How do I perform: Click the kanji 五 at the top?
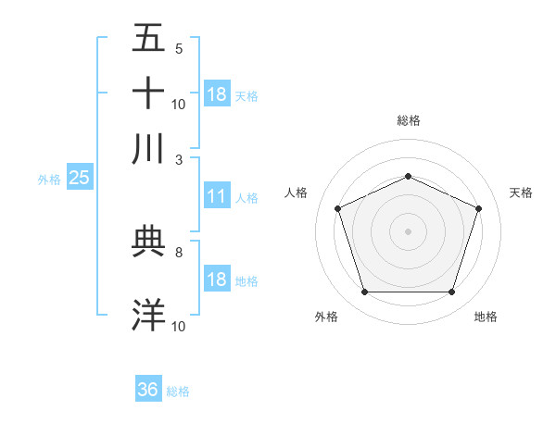pyautogui.click(x=149, y=38)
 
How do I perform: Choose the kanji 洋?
pyautogui.click(x=149, y=316)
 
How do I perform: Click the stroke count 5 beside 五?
pyautogui.click(x=179, y=48)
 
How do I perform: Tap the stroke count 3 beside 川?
pyautogui.click(x=179, y=159)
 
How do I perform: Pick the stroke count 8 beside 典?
pyautogui.click(x=179, y=251)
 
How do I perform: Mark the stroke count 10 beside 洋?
pyautogui.click(x=179, y=326)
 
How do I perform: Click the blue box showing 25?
pyautogui.click(x=79, y=179)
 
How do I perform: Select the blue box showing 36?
pyautogui.click(x=148, y=390)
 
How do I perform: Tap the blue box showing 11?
pyautogui.click(x=217, y=196)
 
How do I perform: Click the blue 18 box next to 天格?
pyautogui.click(x=217, y=94)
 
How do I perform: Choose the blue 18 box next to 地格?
pyautogui.click(x=217, y=280)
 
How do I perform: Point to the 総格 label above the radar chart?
pyautogui.click(x=408, y=120)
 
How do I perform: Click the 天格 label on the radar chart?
pyautogui.click(x=521, y=193)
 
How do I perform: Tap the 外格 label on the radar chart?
pyautogui.click(x=326, y=317)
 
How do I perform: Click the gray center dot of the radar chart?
pyautogui.click(x=408, y=230)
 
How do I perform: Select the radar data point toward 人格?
pyautogui.click(x=337, y=207)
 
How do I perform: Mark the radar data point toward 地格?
pyautogui.click(x=451, y=292)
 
